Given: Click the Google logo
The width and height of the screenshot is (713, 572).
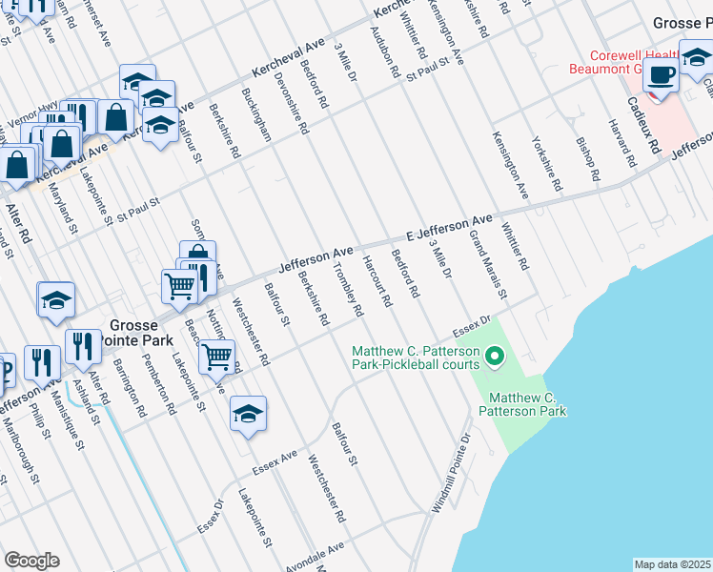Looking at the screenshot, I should (31, 561).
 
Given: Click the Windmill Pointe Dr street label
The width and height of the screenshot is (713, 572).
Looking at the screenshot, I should (452, 475).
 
